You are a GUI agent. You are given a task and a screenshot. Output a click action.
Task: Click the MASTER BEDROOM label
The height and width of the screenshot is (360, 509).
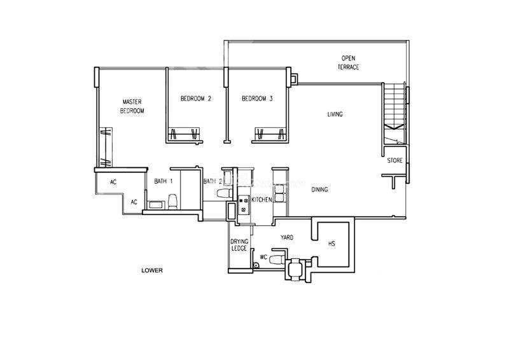[x=132, y=106]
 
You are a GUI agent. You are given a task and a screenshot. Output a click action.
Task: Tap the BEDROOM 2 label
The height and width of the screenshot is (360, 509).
[x=196, y=99]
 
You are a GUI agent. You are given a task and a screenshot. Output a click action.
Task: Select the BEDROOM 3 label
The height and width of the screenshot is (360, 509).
[x=257, y=99]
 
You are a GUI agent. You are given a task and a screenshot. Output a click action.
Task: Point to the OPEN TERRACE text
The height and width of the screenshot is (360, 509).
[x=348, y=63]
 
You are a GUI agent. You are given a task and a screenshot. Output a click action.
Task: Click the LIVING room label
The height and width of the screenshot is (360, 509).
[x=335, y=114]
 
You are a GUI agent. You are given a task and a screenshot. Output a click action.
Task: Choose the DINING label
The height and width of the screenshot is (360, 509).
[x=319, y=190]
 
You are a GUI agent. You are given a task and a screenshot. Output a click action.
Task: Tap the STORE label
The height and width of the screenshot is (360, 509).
[x=394, y=160]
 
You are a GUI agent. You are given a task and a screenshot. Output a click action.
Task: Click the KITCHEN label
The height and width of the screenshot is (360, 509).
[x=261, y=200]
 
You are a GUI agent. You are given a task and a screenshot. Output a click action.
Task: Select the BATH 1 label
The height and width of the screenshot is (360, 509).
[x=164, y=181]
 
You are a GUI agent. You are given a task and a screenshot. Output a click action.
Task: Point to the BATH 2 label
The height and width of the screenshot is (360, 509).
[x=213, y=181]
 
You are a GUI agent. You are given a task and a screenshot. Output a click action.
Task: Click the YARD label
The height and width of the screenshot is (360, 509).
[x=287, y=238]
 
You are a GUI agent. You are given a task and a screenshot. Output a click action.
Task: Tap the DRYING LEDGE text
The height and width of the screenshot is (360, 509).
[x=239, y=245]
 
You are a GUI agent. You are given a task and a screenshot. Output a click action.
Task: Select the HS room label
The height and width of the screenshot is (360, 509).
[x=331, y=244]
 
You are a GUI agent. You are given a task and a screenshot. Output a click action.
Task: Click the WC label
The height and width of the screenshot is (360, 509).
[x=263, y=257]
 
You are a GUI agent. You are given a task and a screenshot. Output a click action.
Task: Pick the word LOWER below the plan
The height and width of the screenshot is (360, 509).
[x=152, y=270]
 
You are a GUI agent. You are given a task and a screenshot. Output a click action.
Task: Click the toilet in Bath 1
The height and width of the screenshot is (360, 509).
[x=172, y=202]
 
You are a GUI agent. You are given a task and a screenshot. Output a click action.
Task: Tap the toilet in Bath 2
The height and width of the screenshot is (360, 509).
[x=224, y=193]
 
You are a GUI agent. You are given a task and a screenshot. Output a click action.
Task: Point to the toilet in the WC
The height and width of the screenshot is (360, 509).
[x=277, y=260]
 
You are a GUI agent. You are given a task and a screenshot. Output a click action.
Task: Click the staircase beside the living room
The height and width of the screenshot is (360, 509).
[x=394, y=113]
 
